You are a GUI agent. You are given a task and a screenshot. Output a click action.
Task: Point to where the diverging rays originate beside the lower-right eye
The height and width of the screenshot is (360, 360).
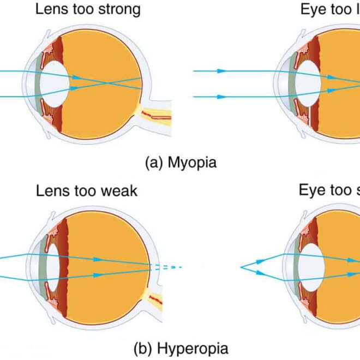(x=242, y=267)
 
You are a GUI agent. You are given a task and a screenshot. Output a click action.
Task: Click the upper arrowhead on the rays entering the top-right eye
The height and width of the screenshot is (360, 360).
(x=221, y=71)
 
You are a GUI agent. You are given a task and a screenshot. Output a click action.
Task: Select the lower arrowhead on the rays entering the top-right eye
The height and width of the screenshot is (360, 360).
(x=221, y=97)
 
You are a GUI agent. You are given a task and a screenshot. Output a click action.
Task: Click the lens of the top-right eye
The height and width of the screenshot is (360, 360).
(x=309, y=83)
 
